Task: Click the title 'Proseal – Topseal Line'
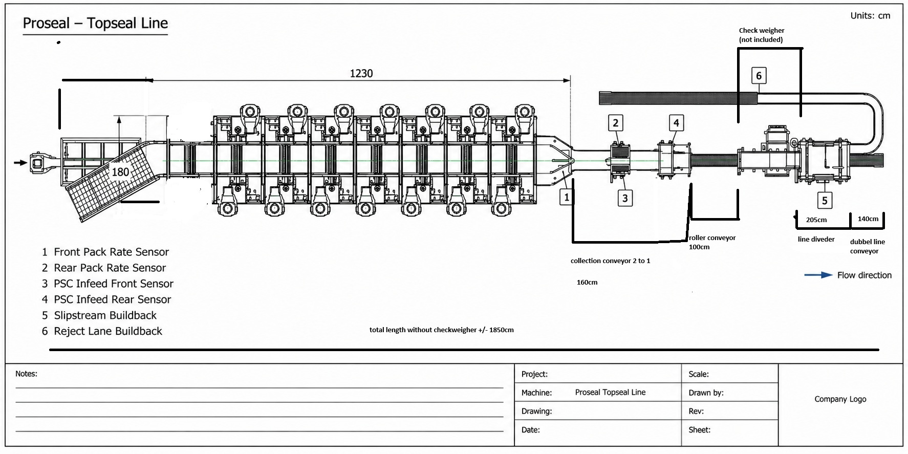coord(95,23)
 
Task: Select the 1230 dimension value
coord(361,73)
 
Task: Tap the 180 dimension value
coord(120,172)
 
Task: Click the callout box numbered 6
coord(759,76)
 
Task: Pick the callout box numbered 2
coord(616,122)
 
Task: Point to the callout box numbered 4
coord(676,122)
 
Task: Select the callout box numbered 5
coord(824,201)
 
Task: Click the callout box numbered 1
coord(566,197)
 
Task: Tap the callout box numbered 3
coord(624,198)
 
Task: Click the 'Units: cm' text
coord(870,16)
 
